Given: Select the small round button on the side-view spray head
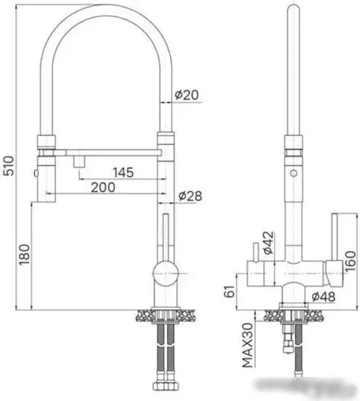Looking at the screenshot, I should [293, 174].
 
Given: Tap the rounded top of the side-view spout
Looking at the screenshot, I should [293, 10].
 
